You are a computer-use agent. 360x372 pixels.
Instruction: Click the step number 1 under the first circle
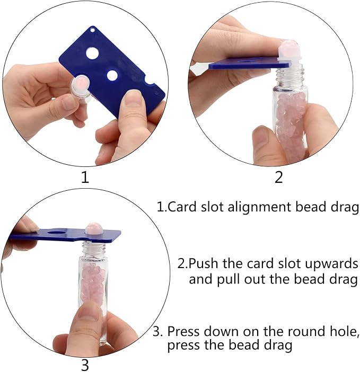[x=85, y=177]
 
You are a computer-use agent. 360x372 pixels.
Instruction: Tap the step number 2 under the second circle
[x=278, y=177]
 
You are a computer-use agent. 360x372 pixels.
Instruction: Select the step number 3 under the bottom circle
[x=85, y=365]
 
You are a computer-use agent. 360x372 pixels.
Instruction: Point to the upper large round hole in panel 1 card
[x=92, y=53]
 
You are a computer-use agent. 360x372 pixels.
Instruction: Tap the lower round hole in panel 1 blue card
[x=113, y=75]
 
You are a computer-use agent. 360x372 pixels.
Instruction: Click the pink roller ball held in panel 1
[x=81, y=85]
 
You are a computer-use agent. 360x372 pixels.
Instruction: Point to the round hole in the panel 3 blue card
[x=57, y=232]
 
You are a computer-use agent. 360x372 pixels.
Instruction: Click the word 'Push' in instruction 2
[x=204, y=263]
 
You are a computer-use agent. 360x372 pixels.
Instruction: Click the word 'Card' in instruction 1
[x=182, y=207]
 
